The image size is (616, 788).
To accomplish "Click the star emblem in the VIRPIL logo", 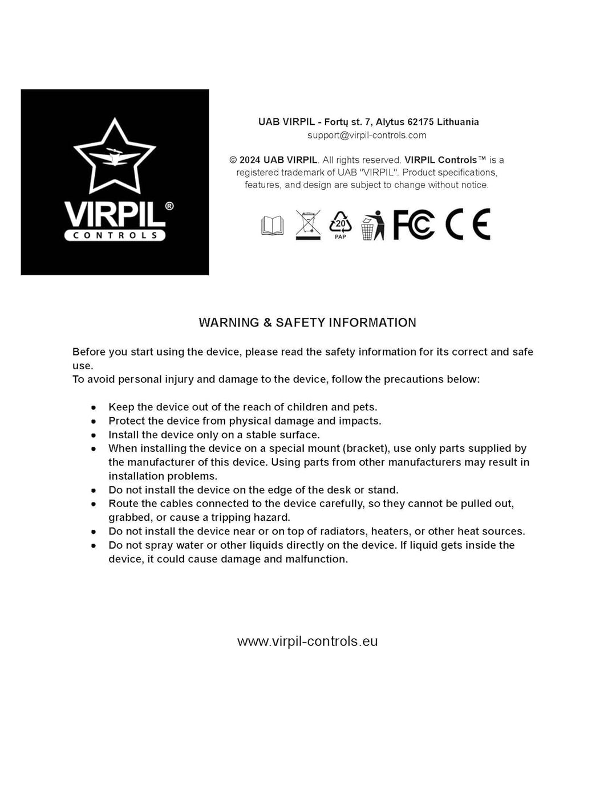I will pyautogui.click(x=115, y=156).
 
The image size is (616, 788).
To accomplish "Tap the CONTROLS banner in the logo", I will pyautogui.click(x=115, y=235).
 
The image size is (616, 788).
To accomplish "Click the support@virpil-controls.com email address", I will pyautogui.click(x=367, y=135).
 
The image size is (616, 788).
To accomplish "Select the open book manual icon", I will pyautogui.click(x=272, y=226).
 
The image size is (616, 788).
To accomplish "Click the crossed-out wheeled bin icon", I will pyautogui.click(x=308, y=224).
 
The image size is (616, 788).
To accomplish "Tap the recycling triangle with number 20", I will pyautogui.click(x=341, y=224).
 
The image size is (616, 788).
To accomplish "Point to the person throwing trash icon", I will pyautogui.click(x=372, y=225).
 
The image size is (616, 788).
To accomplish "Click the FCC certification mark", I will pyautogui.click(x=414, y=224).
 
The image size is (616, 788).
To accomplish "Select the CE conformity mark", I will pyautogui.click(x=468, y=224).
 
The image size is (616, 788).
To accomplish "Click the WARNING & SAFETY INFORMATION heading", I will pyautogui.click(x=307, y=322).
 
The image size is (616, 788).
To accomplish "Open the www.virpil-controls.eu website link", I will pyautogui.click(x=307, y=641).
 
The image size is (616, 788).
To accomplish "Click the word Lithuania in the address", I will pyautogui.click(x=457, y=121).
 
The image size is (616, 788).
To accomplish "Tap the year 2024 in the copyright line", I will pyautogui.click(x=250, y=160).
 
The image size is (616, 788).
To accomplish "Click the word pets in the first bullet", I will pyautogui.click(x=363, y=407).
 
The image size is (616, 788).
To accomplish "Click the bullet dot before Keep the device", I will pyautogui.click(x=94, y=407).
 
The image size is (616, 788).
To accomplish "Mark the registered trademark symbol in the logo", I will pyautogui.click(x=169, y=206).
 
